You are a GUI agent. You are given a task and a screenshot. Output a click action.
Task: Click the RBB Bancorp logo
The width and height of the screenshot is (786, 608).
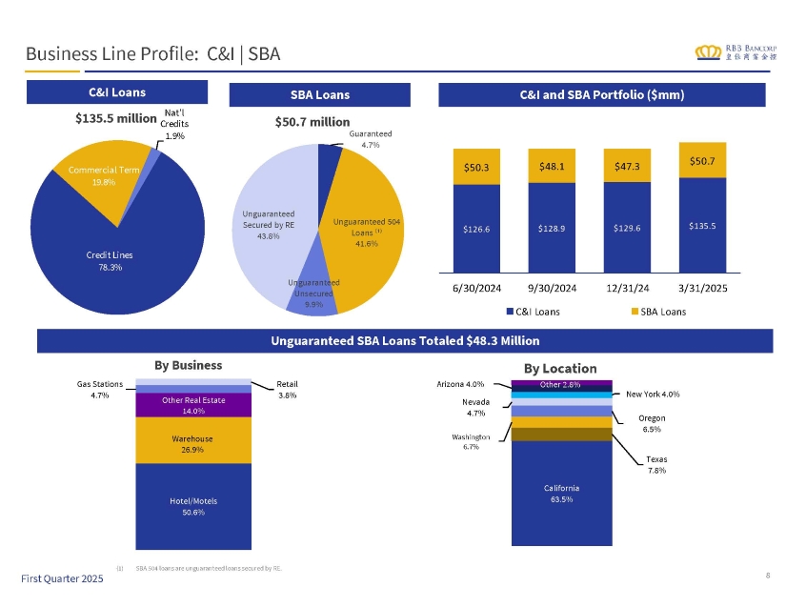736,51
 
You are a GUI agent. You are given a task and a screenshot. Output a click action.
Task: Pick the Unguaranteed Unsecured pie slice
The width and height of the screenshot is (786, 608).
314,295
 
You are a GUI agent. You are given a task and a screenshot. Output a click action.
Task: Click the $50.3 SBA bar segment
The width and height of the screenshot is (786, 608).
477,167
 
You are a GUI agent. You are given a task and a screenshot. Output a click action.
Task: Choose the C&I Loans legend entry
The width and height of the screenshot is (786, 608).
534,311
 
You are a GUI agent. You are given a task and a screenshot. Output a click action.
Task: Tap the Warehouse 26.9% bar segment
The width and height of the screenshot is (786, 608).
192,444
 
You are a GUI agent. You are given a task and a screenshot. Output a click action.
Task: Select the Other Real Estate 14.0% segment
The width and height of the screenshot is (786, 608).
192,405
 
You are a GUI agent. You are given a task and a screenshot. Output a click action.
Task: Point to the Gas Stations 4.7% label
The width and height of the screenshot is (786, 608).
95,389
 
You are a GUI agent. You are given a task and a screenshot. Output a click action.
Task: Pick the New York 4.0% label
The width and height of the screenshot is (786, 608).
653,394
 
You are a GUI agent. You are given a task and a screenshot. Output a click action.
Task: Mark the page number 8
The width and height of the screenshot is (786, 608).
767,574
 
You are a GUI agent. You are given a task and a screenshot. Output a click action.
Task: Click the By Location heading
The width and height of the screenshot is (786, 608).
560,368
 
